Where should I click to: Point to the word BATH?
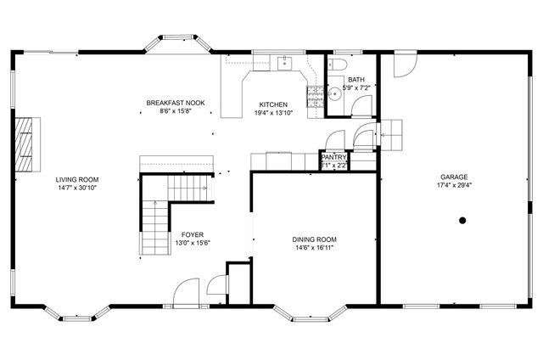click(355, 79)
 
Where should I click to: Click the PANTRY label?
click(333, 157)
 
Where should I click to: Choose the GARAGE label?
click(453, 177)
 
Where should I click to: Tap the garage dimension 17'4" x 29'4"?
click(453, 185)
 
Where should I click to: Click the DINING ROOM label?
click(315, 239)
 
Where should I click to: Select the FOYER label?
click(192, 234)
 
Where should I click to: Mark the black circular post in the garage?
click(462, 221)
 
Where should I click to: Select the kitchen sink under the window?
click(284, 62)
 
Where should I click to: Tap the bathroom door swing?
click(362, 105)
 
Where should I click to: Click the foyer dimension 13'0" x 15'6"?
click(192, 244)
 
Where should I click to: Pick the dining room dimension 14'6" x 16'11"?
click(315, 249)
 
